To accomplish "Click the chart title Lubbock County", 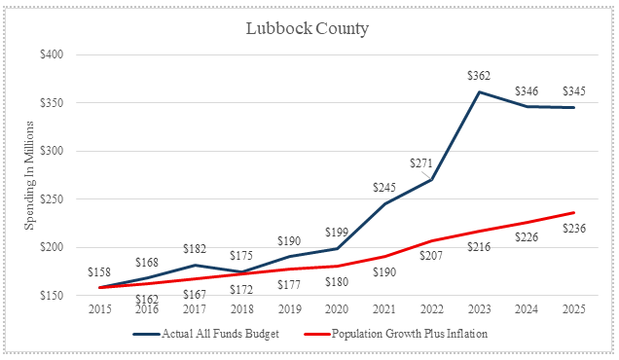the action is [308, 29].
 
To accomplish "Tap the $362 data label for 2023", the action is [479, 75].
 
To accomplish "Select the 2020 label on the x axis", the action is [337, 309].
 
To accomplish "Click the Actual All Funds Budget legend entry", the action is [206, 334].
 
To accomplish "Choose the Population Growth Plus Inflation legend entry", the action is [396, 334].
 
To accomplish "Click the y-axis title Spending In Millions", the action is [29, 175].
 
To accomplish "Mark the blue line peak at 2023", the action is [479, 91].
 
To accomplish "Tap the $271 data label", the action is [421, 163].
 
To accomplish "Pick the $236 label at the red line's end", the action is [574, 228].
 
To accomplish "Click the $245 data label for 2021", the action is [384, 187].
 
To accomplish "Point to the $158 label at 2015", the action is [99, 272].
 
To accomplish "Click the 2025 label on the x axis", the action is [574, 309].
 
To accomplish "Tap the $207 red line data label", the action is [431, 256].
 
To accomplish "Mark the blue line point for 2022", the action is [432, 180].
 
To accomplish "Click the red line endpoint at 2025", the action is [574, 213].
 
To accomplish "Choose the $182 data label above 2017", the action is [195, 249].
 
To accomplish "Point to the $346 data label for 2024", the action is [527, 91].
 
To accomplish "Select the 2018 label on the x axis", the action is [242, 309].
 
